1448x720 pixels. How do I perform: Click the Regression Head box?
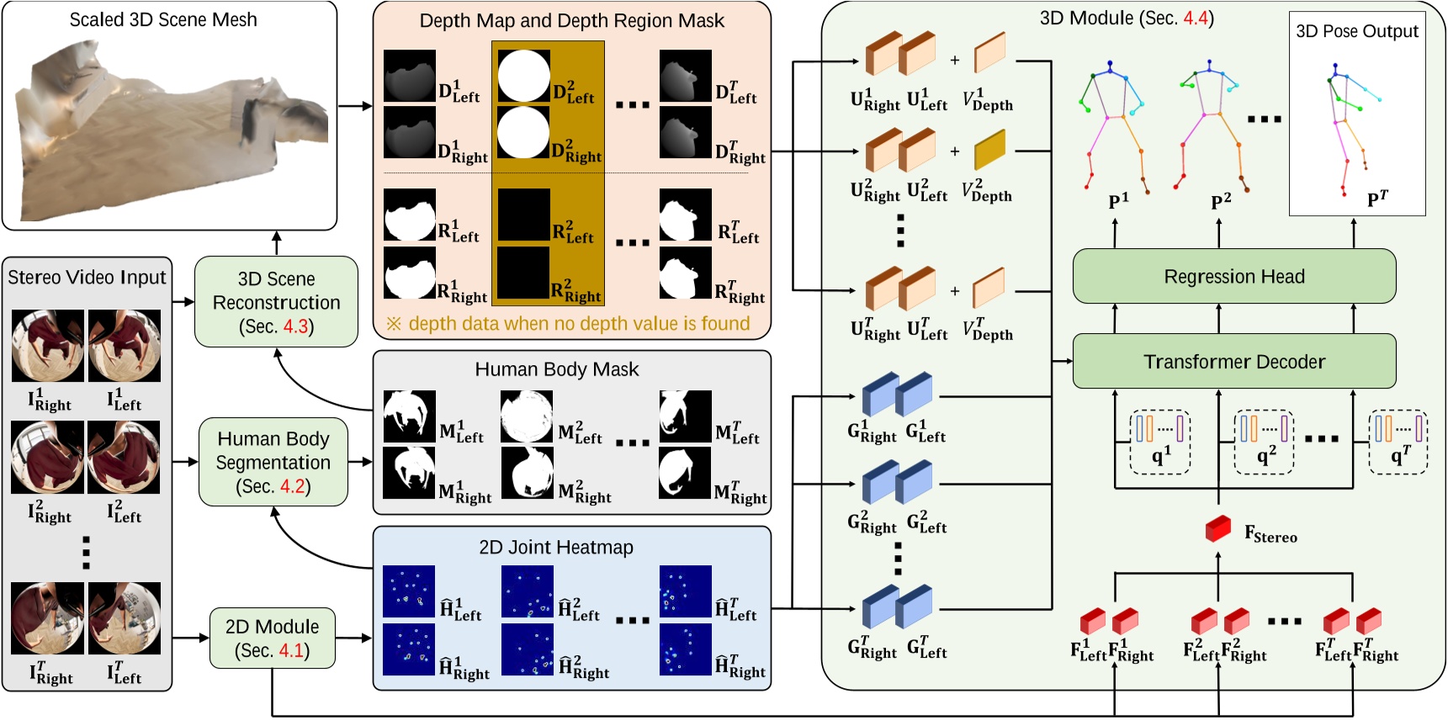point(1233,277)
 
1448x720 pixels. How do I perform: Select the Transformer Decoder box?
point(1233,362)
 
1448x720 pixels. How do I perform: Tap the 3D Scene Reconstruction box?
point(276,302)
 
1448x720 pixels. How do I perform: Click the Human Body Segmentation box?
point(273,462)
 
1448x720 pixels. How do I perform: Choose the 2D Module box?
point(272,638)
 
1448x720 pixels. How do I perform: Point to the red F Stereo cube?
point(1217,528)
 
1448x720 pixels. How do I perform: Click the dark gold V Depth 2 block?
point(989,151)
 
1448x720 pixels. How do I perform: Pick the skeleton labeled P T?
point(1346,126)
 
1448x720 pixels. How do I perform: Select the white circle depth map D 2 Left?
point(523,76)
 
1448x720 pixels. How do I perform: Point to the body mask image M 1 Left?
point(409,416)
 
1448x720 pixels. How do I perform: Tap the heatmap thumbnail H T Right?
point(685,649)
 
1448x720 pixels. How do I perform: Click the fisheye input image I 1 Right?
point(47,346)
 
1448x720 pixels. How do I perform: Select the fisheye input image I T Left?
point(124,618)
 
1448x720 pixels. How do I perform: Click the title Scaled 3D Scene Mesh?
point(163,19)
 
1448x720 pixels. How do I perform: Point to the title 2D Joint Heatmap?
point(556,548)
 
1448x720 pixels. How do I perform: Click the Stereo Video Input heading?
point(87,278)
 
